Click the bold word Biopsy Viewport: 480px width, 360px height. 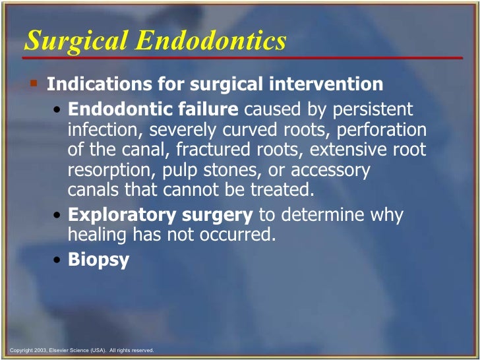[98, 259]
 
